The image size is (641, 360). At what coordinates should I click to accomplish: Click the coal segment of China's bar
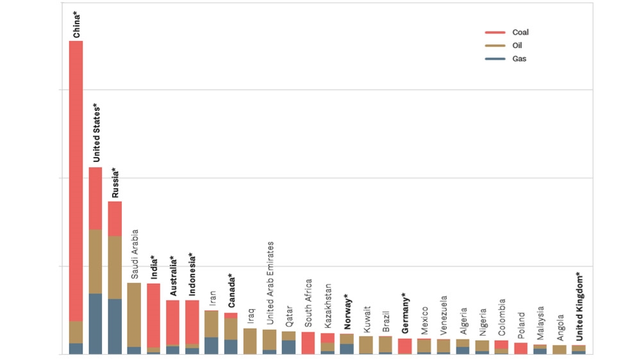pos(76,179)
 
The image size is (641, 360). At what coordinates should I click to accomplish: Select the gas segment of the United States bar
pos(96,323)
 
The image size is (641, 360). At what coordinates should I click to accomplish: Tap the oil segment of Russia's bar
pos(115,267)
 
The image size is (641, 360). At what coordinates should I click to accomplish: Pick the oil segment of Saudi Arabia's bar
pos(134,314)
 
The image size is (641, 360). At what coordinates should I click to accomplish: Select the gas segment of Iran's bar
pos(212,345)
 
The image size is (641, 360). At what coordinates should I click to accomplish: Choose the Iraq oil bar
pos(250,341)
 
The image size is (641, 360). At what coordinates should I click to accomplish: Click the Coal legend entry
pos(520,32)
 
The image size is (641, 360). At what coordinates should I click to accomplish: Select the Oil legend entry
pos(517,45)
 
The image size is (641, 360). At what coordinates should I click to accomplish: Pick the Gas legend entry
pos(519,59)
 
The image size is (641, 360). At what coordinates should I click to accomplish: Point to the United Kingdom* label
pos(579,306)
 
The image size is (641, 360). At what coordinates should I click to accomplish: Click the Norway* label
pos(347,311)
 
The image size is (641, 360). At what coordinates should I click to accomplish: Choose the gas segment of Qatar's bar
pos(289,347)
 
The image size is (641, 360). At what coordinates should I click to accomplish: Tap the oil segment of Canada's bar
pos(231,329)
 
